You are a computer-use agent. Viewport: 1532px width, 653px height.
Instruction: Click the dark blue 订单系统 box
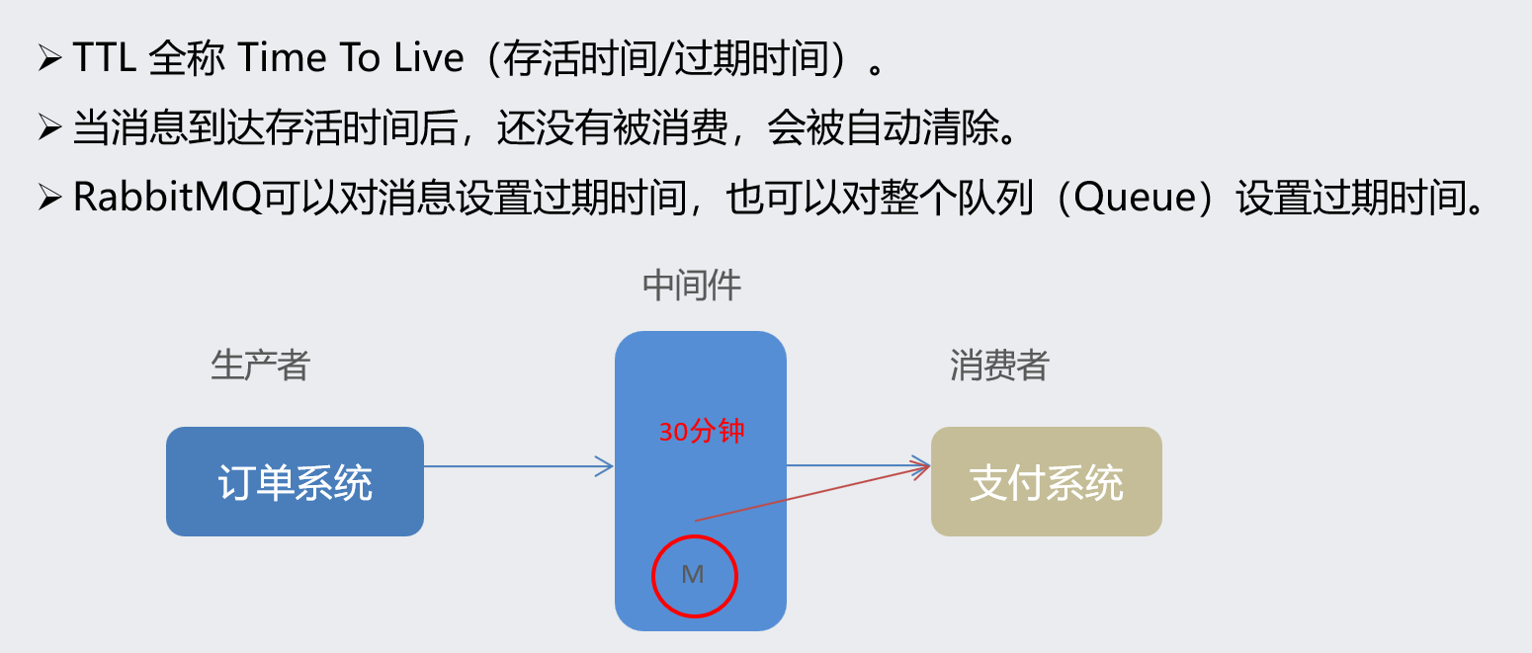pos(295,482)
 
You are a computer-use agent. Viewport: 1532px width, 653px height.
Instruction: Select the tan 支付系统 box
pos(1046,482)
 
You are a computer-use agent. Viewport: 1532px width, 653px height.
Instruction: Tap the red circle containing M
pos(694,575)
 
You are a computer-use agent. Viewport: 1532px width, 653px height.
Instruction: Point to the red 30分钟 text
pos(701,432)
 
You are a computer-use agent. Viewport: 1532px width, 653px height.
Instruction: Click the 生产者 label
pos(260,366)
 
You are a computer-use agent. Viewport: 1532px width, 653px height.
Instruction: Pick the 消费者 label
pos(998,366)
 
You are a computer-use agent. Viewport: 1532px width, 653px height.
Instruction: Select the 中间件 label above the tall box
pos(692,286)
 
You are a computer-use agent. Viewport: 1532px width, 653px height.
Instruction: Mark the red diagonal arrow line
pos(810,493)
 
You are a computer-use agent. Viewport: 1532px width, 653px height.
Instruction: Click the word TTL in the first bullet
pos(106,59)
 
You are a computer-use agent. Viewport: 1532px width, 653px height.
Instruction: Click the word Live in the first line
pos(428,59)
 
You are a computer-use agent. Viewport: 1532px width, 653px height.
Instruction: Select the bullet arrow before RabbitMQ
pos(49,199)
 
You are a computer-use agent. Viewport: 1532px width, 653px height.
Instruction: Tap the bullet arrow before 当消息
pos(49,128)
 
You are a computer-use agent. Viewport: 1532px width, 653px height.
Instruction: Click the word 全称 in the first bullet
pos(185,59)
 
